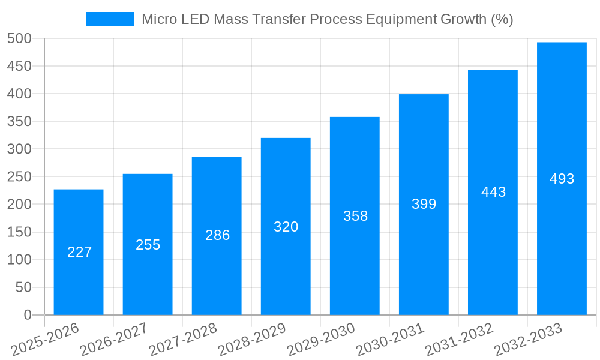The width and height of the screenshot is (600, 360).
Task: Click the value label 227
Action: pos(79,252)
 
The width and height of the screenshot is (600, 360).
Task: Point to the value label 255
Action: pos(148,245)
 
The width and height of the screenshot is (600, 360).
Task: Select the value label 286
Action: pos(217,235)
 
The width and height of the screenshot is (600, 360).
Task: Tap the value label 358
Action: pos(355,216)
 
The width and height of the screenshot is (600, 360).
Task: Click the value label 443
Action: pos(493,192)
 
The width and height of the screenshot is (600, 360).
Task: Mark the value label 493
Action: pos(562,179)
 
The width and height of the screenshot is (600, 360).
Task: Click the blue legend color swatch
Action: pos(110,19)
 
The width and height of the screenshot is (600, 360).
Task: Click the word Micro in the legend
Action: pos(157,19)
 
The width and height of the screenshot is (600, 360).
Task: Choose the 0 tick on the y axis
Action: pos(27,315)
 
